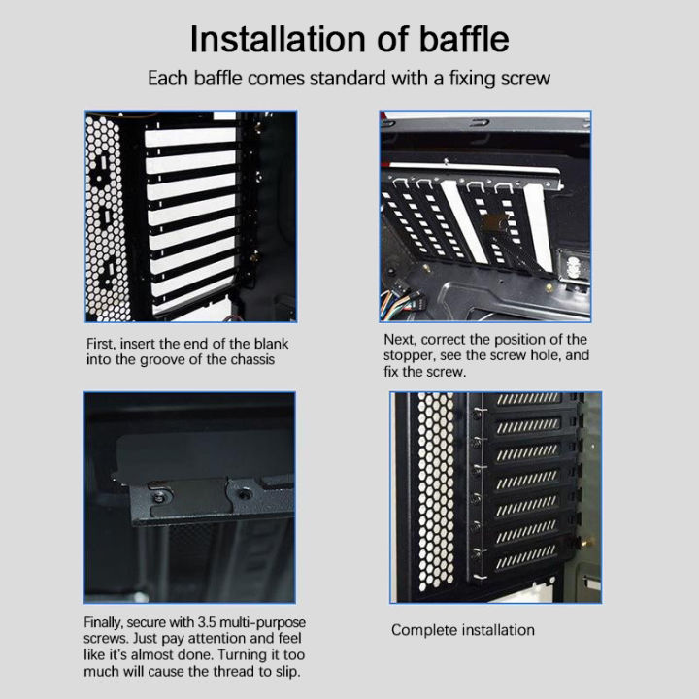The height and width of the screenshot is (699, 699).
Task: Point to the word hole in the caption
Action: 542,355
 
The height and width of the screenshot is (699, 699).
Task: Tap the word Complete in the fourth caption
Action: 422,630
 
